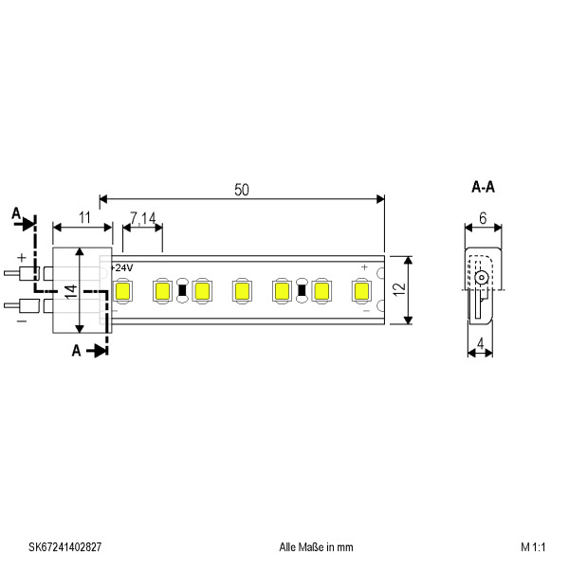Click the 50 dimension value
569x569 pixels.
click(x=242, y=190)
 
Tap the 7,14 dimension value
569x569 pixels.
click(x=143, y=218)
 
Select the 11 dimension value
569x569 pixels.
click(x=84, y=218)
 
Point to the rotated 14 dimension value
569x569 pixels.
click(x=71, y=291)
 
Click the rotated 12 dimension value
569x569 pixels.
click(x=399, y=289)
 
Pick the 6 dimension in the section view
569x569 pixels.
click(x=483, y=218)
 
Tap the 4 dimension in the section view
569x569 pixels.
click(x=481, y=343)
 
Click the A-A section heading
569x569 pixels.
click(x=483, y=187)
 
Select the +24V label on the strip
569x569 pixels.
click(x=121, y=267)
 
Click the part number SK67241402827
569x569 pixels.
click(x=64, y=547)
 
